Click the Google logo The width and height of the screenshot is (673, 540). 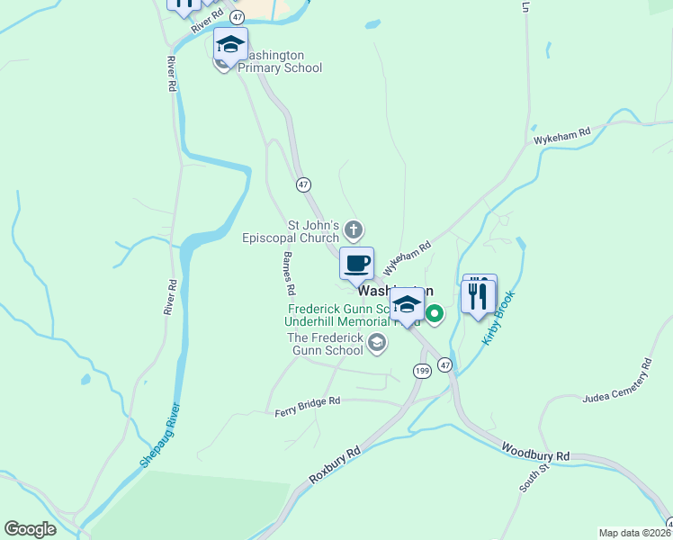click(x=31, y=529)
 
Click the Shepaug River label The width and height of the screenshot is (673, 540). click(x=159, y=435)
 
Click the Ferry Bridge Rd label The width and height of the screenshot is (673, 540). click(x=308, y=407)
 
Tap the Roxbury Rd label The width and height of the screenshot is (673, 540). click(x=334, y=465)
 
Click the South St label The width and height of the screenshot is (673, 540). click(x=528, y=479)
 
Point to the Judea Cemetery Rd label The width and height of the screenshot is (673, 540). click(x=616, y=383)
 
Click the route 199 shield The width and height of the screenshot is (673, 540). click(x=422, y=371)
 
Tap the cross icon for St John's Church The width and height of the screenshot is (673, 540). click(x=354, y=230)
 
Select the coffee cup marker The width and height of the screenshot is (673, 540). click(x=356, y=264)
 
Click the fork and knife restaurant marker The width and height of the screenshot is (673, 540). click(x=478, y=295)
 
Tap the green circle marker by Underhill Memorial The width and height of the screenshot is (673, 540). click(x=434, y=314)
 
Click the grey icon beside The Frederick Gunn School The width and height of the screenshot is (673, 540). click(x=377, y=343)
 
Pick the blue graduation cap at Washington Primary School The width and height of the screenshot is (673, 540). click(x=230, y=45)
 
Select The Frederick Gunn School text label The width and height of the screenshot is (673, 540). click(x=325, y=344)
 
